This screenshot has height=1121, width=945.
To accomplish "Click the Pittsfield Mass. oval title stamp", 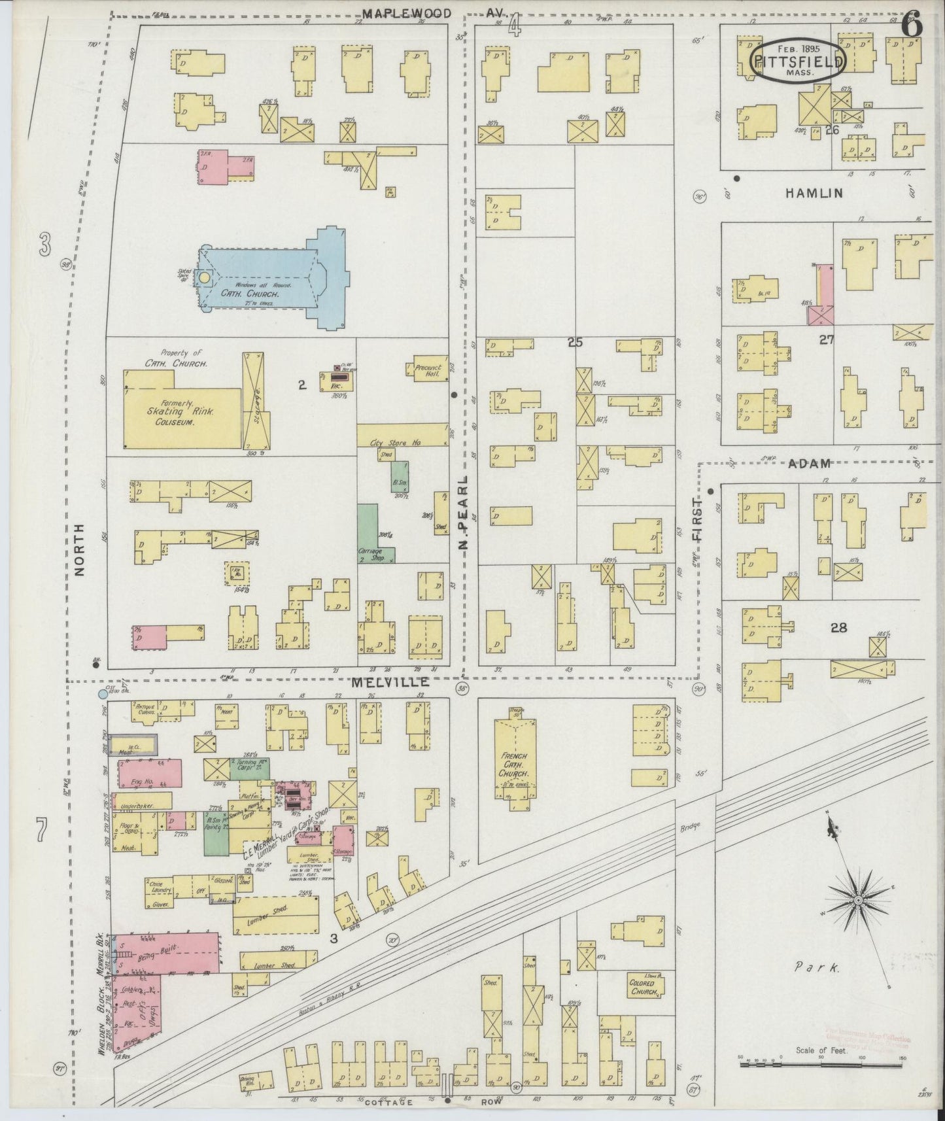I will (x=798, y=60).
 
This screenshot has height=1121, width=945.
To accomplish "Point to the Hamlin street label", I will (x=814, y=193).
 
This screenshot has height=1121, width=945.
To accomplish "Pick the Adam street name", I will (x=810, y=463).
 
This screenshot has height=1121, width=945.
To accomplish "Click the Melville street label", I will (x=390, y=682).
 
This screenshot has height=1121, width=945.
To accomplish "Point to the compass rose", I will (x=857, y=901).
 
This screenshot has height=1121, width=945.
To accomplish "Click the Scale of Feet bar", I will (x=821, y=1065).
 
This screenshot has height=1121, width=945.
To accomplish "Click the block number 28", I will (x=838, y=628).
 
